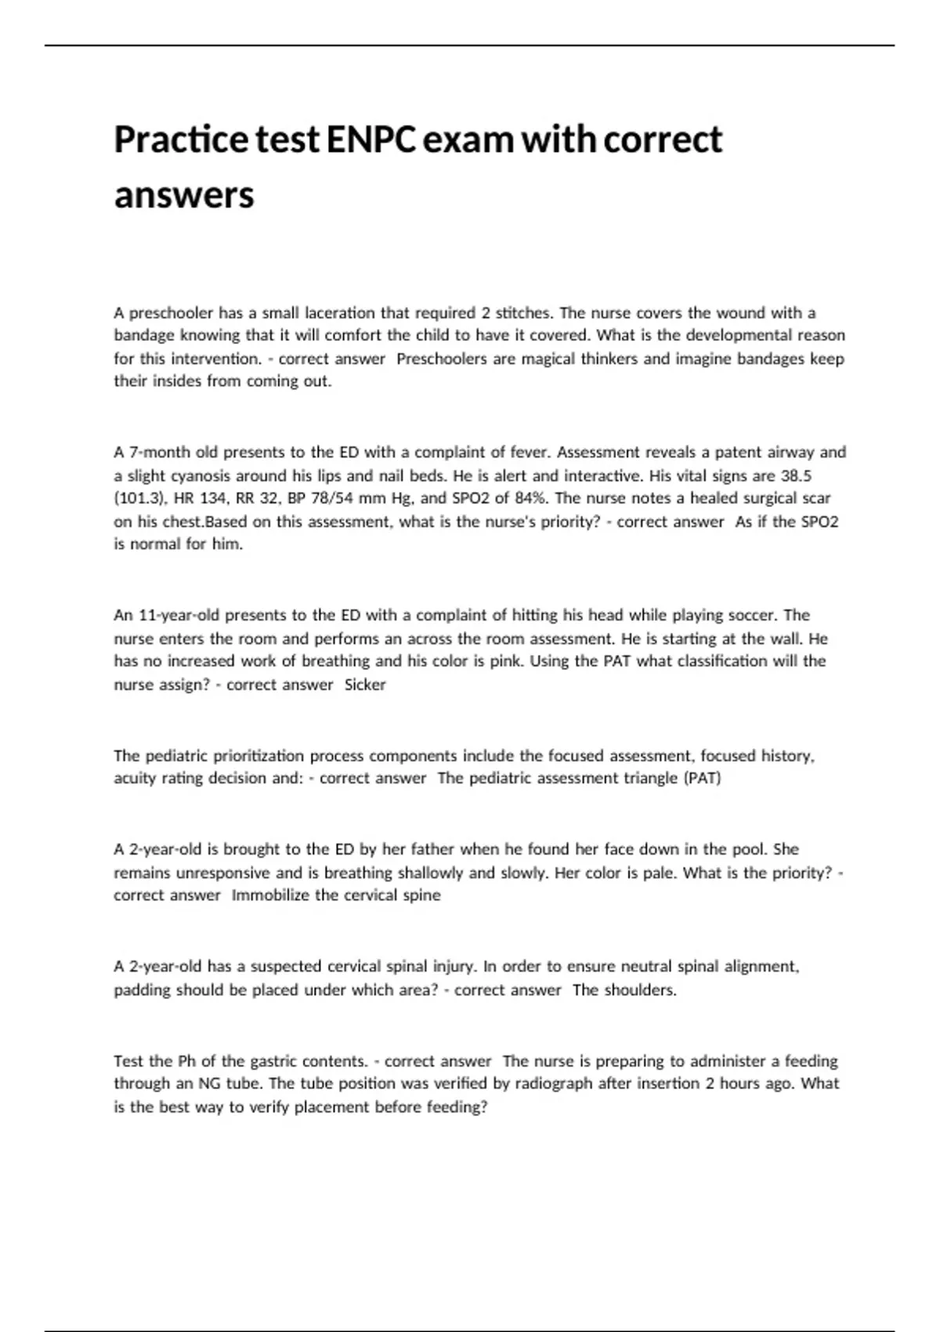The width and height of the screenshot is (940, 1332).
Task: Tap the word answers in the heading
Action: [184, 194]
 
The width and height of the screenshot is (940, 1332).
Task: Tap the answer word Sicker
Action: [365, 685]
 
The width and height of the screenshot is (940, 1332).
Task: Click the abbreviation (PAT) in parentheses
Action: [702, 778]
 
